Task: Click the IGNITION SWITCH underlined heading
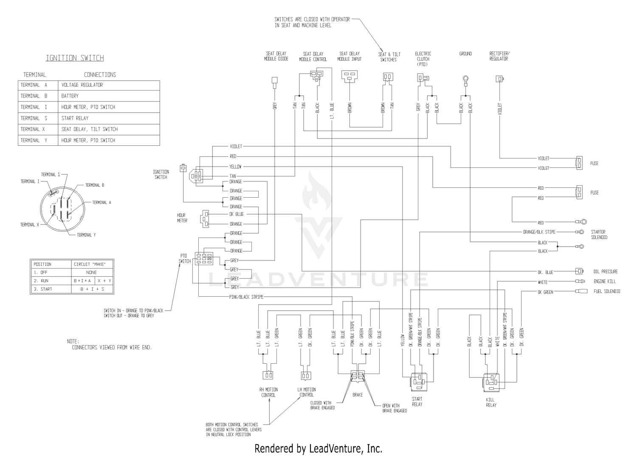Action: (75, 58)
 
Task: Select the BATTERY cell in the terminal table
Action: (109, 96)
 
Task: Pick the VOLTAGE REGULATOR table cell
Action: (109, 85)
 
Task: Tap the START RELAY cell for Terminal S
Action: (109, 118)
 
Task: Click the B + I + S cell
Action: (92, 289)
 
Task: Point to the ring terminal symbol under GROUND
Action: (465, 79)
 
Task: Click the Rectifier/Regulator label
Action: (499, 56)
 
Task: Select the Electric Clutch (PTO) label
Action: (423, 59)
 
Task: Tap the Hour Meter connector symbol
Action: (205, 219)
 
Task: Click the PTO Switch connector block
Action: (204, 258)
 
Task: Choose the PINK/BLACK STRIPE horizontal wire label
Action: (246, 297)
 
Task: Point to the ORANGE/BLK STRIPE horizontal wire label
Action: (539, 232)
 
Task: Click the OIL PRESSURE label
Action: (606, 272)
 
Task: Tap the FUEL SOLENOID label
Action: (607, 291)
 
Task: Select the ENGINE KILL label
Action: (605, 281)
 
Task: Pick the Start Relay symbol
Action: (418, 382)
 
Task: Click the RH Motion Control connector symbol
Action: (268, 375)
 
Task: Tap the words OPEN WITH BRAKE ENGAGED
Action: (395, 408)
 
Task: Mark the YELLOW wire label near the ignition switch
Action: (235, 167)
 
